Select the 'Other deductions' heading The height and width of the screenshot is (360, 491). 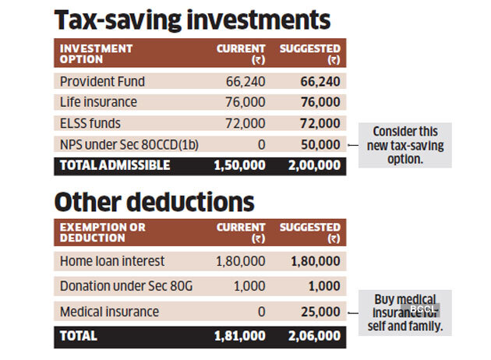pos(154,202)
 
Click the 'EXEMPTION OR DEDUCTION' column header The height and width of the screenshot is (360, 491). pos(102,233)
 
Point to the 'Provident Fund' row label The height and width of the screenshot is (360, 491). pos(102,82)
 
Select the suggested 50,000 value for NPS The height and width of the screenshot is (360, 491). pos(320,144)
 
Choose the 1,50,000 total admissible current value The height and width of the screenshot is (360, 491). pos(238,165)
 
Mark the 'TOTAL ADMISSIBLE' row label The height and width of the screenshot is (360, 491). pos(115,165)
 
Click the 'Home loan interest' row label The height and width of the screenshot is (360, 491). pos(111,261)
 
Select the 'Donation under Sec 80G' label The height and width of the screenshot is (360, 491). pos(125,287)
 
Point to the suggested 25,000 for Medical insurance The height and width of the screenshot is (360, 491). pos(320,312)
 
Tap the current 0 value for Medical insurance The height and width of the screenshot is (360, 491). pos(261,312)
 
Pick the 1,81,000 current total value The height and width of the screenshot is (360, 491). pos(238,337)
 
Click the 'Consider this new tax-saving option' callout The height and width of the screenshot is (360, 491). pos(405,144)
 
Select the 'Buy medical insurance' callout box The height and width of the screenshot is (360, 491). pos(405,312)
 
